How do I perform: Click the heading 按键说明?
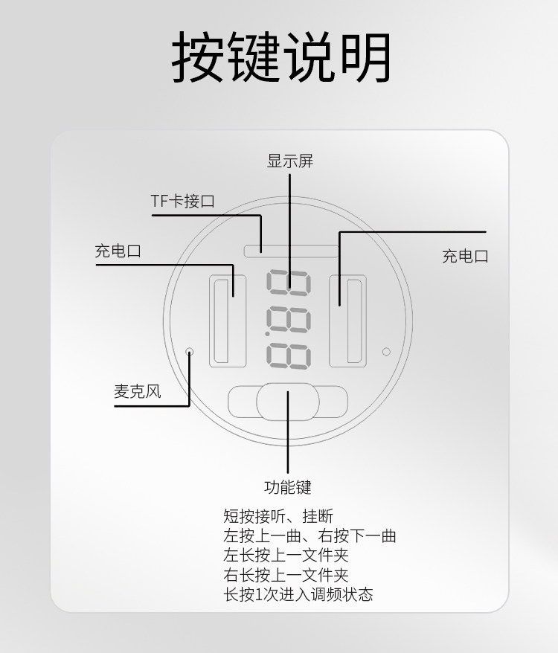pos(281,58)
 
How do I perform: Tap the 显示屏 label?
pos(290,161)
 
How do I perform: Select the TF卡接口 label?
pos(182,201)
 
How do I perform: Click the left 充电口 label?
pos(118,251)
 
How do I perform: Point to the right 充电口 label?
pos(465,257)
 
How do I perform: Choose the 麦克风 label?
pos(137,391)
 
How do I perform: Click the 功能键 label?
pos(288,488)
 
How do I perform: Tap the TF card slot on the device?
pos(290,251)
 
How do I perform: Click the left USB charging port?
pos(220,321)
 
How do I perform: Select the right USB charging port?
pos(354,321)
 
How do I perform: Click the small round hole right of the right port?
pos(386,351)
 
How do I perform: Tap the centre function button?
pos(287,402)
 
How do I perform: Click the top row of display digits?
pos(289,281)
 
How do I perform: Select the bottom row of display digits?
pos(289,356)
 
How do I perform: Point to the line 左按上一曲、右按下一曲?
pos(310,535)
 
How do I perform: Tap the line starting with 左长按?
pos(286,555)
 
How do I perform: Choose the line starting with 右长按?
pos(286,575)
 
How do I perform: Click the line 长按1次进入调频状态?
pos(298,594)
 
